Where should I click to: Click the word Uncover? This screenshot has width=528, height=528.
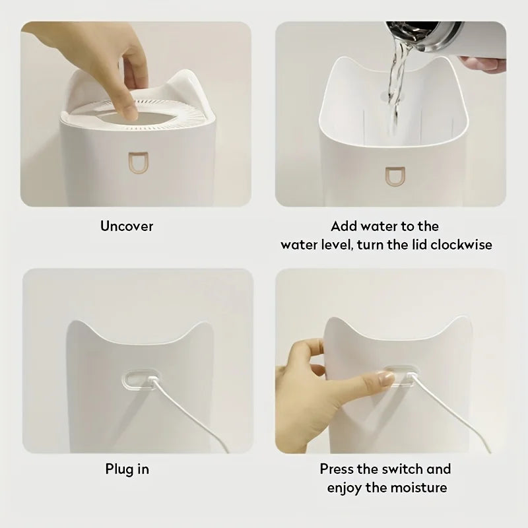click(126, 226)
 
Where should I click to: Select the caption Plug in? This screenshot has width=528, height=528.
click(127, 469)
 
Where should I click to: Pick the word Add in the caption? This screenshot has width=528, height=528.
click(344, 226)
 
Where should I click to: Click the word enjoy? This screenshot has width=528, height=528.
click(349, 488)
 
